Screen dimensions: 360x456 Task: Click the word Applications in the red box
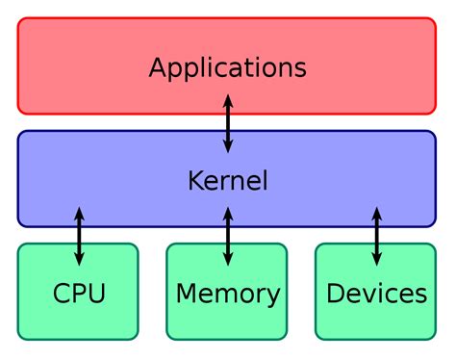[228, 68]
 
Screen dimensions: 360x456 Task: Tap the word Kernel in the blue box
[228, 180]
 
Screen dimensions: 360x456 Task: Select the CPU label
[79, 293]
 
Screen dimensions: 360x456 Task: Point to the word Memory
[228, 293]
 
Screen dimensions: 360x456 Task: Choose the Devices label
[376, 293]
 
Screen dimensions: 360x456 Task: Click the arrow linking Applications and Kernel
[228, 123]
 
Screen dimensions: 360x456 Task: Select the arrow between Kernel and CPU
[79, 235]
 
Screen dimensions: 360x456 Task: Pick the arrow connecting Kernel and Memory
[228, 235]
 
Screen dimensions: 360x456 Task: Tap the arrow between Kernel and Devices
[376, 235]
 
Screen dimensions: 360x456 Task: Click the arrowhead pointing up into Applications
[228, 99]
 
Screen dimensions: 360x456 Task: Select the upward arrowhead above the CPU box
[79, 212]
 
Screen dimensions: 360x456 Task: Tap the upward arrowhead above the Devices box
[376, 212]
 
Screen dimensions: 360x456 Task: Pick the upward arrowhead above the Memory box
[228, 212]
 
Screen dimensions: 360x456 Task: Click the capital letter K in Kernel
[195, 180]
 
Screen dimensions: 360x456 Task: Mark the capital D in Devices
[336, 293]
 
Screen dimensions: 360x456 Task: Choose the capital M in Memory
[187, 293]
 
